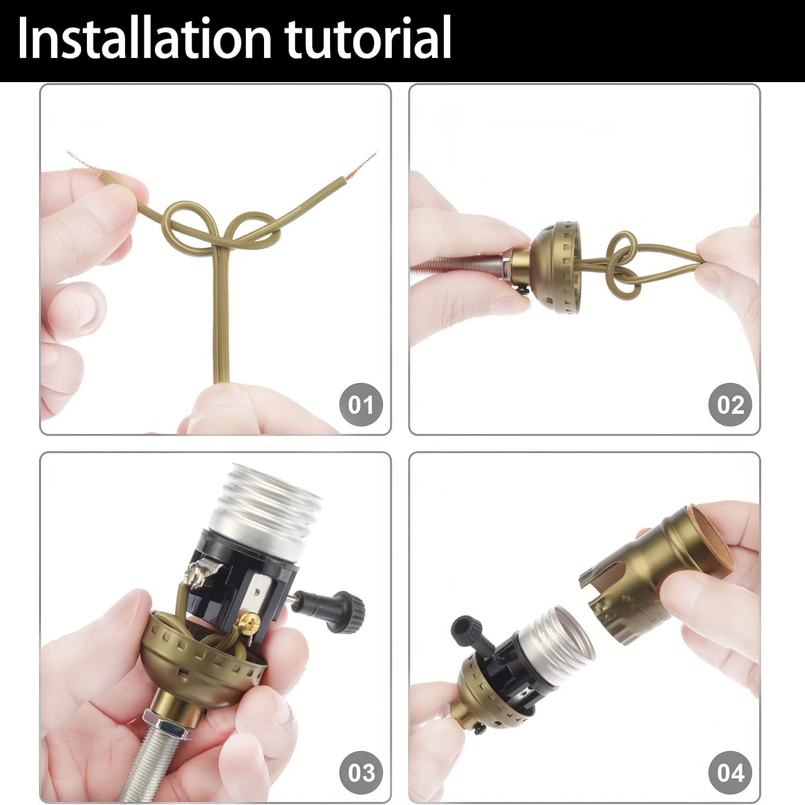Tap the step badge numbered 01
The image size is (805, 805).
pos(361,404)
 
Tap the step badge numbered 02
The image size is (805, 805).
pos(730,404)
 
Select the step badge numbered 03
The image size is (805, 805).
pos(361,773)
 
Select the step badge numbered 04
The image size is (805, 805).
pos(730,773)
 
